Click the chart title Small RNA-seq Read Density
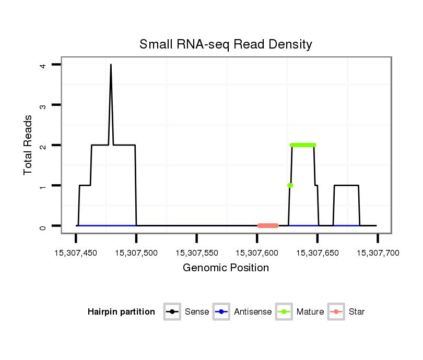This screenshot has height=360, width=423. click(226, 44)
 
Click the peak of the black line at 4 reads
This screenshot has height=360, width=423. click(111, 65)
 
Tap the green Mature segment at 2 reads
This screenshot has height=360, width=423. click(303, 145)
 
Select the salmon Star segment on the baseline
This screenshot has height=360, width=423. click(268, 225)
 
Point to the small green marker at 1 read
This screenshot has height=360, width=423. click(290, 185)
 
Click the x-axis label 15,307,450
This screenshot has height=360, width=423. click(76, 253)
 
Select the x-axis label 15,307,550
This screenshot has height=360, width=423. click(197, 253)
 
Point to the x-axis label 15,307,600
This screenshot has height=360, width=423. click(257, 253)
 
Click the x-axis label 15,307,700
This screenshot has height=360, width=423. click(378, 253)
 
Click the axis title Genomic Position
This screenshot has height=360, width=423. click(226, 268)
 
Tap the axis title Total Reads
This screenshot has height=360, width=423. click(29, 145)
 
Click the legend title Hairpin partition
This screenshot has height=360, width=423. click(121, 312)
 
